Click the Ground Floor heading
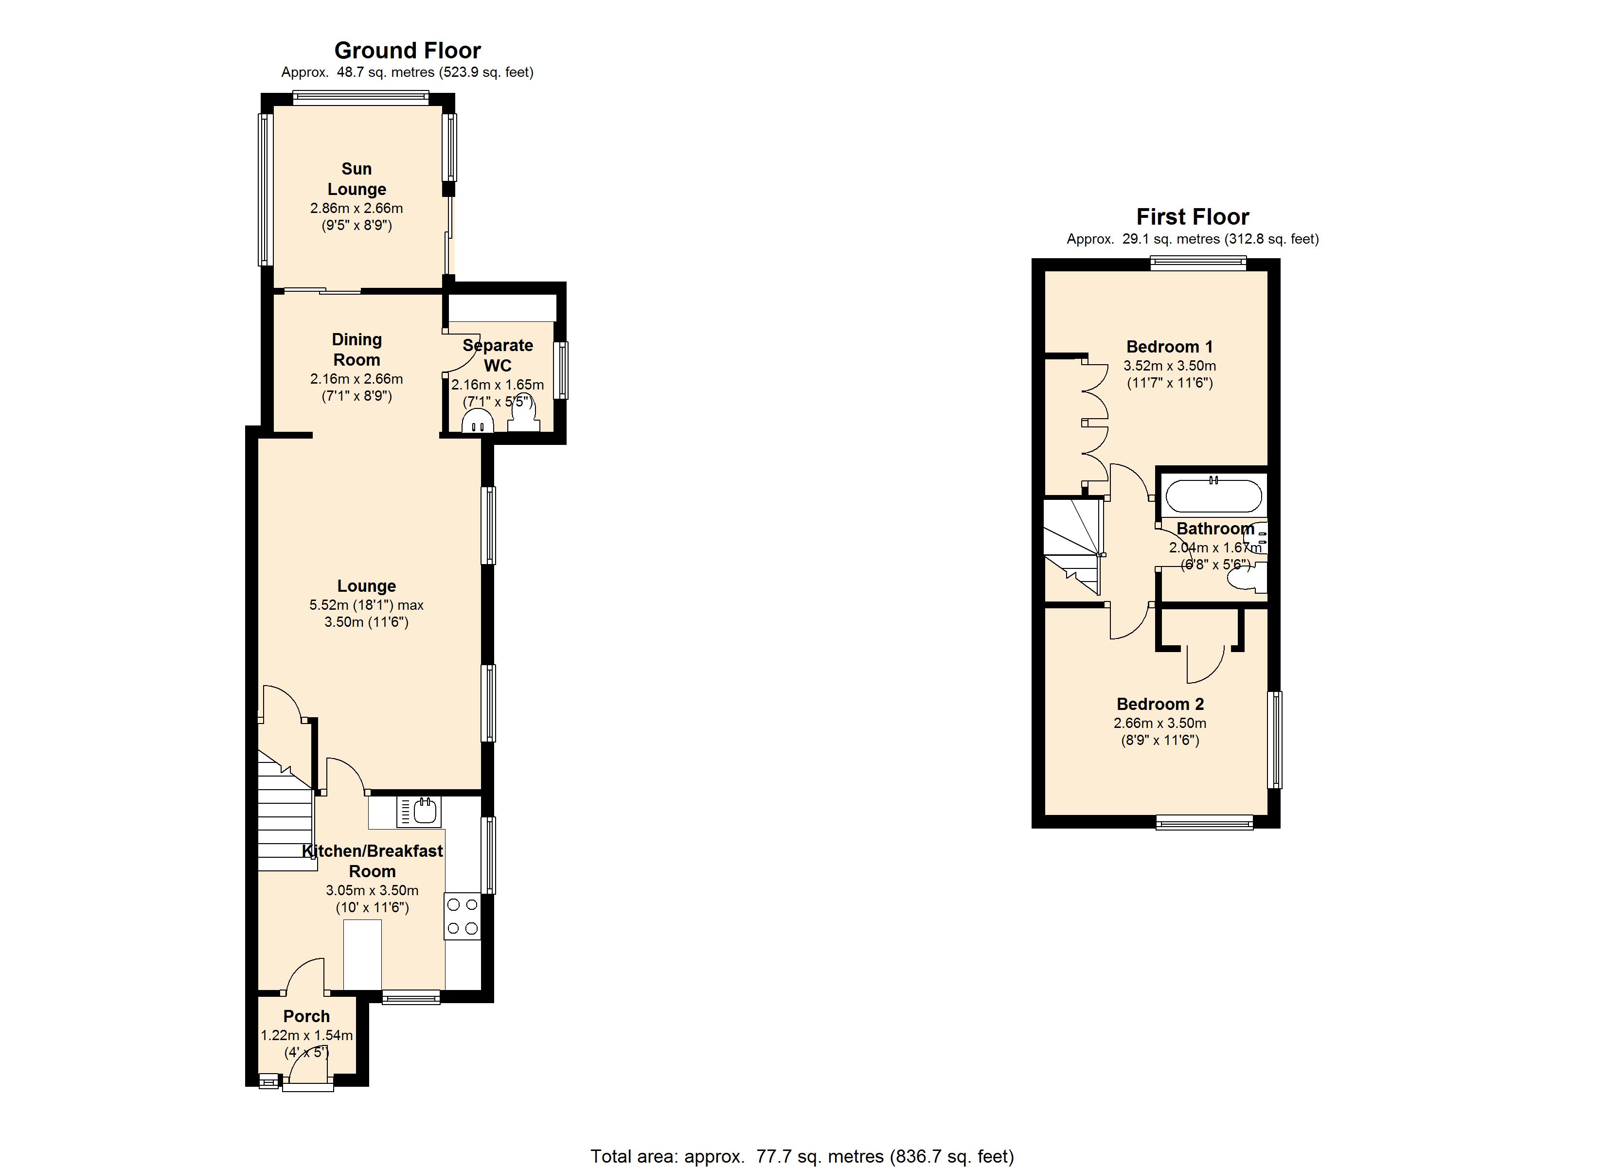407,51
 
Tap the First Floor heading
1193,216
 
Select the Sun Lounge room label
356,179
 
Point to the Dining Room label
357,350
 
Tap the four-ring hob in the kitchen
462,916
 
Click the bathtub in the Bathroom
1213,495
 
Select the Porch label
306,1016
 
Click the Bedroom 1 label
1169,347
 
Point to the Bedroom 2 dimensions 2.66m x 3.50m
1160,723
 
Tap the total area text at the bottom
802,1156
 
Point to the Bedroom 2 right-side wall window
1275,740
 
